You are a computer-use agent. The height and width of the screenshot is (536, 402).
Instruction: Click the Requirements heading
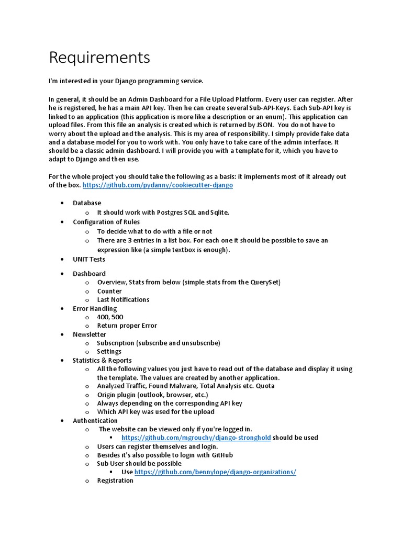99,57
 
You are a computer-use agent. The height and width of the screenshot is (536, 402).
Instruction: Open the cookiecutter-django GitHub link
158,185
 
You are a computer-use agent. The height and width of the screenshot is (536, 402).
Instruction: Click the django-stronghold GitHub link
196,438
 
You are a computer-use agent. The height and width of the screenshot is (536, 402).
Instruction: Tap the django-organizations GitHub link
215,472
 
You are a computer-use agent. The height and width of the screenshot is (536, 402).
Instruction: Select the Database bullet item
87,203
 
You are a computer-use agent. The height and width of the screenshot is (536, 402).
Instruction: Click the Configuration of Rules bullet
106,222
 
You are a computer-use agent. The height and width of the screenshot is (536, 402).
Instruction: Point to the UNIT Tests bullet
89,259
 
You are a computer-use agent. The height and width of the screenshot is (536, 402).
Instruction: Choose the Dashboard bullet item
89,273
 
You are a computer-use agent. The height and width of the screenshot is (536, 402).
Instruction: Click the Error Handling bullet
95,308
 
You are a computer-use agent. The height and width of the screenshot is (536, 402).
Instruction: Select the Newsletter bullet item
90,334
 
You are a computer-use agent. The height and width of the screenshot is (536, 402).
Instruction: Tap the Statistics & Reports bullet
102,360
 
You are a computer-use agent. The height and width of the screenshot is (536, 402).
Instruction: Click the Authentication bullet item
95,420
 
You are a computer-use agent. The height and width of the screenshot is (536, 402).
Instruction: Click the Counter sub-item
109,291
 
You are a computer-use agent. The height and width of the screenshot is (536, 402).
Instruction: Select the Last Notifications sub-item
123,299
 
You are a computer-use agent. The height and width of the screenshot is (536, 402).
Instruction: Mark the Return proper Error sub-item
127,326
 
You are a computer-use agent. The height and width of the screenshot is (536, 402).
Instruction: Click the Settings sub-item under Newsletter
109,351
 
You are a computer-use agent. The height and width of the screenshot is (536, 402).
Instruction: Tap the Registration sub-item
115,480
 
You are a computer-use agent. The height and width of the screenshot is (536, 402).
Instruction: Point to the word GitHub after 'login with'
221,455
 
